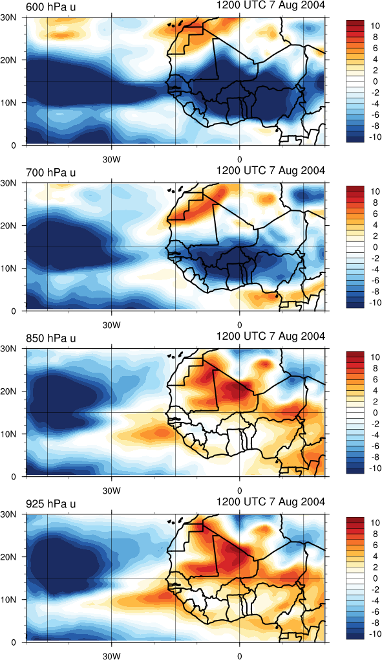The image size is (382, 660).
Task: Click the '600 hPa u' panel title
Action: coord(51,7)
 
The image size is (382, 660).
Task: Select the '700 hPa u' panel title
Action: coord(51,173)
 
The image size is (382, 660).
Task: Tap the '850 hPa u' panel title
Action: coord(51,338)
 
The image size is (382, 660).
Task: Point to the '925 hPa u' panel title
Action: coord(51,504)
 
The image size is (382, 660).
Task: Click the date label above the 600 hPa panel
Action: coord(271,5)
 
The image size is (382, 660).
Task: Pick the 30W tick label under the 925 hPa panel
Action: coord(111,655)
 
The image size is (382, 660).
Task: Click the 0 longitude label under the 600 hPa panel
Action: coord(239,160)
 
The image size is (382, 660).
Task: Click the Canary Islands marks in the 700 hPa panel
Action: coord(176,190)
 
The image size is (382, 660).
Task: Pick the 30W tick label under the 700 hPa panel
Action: coord(111,325)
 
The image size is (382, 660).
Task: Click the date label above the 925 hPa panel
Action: coord(271,501)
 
